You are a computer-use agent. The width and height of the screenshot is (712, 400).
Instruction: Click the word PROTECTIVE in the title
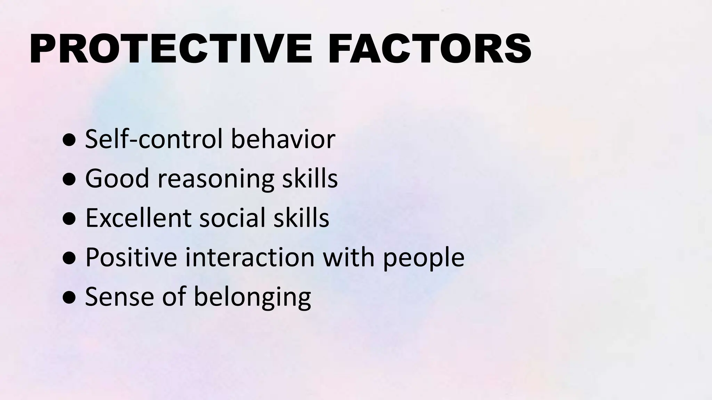coord(171,49)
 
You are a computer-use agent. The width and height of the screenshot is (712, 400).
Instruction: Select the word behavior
coord(283,139)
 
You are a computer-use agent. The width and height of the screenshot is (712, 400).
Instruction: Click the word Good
coord(117,178)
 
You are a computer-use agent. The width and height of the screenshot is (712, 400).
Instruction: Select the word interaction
coord(250,257)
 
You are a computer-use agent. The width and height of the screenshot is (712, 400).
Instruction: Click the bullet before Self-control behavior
coord(69,140)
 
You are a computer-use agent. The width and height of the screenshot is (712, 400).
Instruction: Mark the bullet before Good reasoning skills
coord(69,180)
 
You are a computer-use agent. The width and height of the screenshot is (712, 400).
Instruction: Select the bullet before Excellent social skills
coord(69,219)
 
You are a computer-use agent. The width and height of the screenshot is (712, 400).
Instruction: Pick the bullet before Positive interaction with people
coord(69,258)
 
